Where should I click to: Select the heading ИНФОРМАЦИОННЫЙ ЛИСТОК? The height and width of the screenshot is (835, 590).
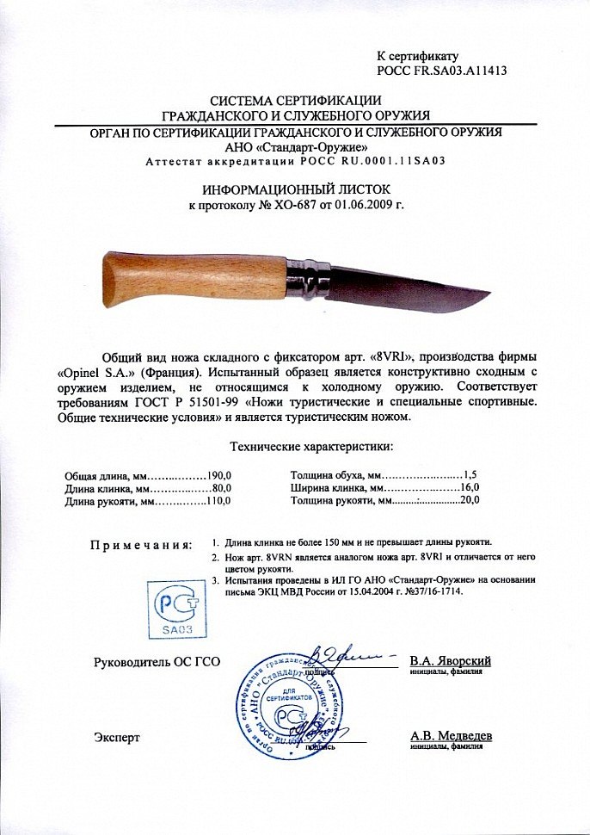pos(296,189)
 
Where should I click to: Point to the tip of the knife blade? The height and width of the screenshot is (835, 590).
pos(488,293)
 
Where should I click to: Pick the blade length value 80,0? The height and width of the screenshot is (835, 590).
pos(221,487)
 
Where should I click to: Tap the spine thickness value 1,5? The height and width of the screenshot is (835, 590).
pos(470,474)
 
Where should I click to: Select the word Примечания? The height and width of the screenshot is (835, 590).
pos(140,545)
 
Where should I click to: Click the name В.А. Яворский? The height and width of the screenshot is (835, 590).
pos(450,660)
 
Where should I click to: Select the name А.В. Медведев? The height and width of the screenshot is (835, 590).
pos(450,736)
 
